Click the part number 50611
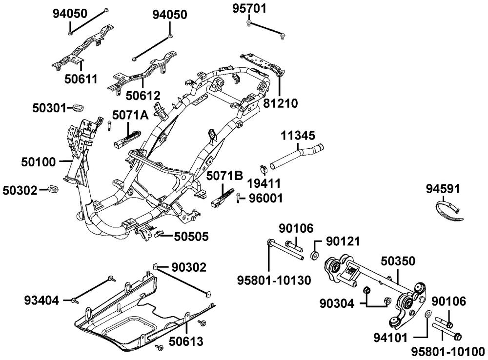point(81,79)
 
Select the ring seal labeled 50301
point(78,106)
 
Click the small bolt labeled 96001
point(238,198)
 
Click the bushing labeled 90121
point(315,255)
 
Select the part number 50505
point(191,237)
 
